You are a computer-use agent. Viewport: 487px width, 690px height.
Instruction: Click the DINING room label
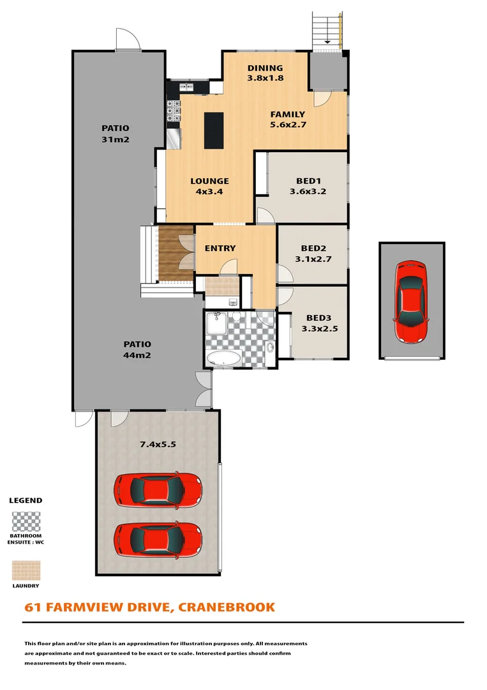265,68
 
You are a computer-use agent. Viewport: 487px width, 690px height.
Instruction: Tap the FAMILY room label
287,115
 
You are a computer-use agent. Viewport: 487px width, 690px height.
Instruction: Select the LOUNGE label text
209,181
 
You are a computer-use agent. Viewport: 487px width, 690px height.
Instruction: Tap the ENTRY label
220,248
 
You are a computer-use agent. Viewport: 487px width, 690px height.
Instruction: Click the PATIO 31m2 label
115,133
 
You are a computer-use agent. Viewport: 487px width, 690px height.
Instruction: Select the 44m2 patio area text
137,356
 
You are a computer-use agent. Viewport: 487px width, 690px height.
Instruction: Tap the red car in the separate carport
410,301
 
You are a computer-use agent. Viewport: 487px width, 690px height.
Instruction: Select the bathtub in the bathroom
224,358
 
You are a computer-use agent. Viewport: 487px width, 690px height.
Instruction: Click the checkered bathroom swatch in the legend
26,522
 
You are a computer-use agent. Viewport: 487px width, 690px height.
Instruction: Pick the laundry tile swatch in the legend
26,571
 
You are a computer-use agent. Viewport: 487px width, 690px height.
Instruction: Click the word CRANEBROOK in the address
227,606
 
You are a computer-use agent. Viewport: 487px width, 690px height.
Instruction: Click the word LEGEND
26,500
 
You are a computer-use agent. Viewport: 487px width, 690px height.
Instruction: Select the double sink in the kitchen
186,86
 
